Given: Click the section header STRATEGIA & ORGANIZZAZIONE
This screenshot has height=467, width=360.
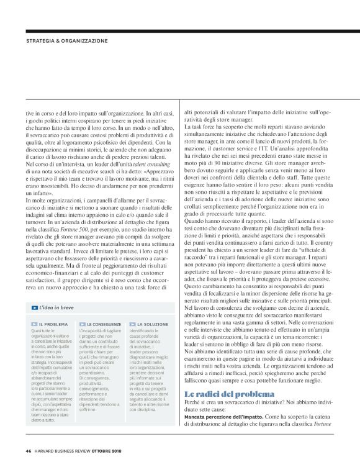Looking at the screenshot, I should (x=66, y=41).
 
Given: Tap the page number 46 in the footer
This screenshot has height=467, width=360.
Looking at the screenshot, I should (x=29, y=451).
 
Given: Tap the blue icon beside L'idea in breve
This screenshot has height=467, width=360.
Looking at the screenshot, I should (x=34, y=308).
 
